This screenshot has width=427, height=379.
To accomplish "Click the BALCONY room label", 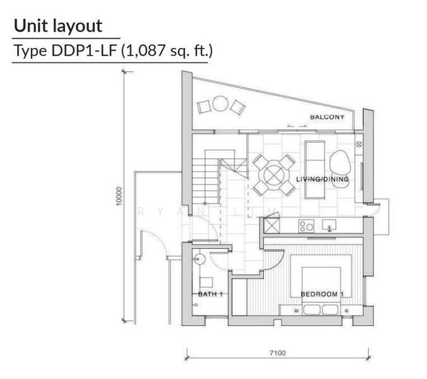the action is (327, 117).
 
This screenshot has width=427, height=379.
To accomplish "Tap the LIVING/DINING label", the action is (322, 179).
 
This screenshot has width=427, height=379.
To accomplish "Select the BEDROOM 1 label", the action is (322, 294).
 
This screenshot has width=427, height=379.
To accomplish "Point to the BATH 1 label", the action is (210, 294).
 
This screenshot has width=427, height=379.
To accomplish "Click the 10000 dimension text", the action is (119, 196).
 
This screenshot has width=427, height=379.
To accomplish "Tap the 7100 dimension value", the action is (277, 353).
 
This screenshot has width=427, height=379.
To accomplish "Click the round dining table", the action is (274, 175).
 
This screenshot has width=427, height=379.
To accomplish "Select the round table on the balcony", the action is (220, 103).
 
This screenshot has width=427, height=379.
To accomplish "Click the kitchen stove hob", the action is (306, 226).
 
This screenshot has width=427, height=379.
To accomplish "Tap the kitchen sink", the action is (329, 226).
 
